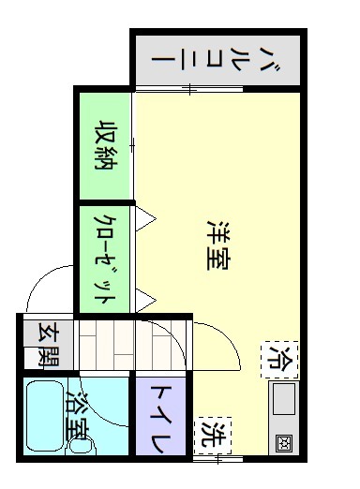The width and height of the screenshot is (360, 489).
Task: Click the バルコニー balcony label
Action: point(216,60)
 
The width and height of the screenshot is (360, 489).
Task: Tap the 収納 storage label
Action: point(106,144)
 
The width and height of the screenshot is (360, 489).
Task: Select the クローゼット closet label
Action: point(105,259)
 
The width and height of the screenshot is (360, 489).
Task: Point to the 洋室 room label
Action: point(217,245)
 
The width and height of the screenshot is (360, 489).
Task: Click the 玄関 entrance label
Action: point(48,344)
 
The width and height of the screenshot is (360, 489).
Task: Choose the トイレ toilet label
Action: point(160,419)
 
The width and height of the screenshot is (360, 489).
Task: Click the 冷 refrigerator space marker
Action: point(279,360)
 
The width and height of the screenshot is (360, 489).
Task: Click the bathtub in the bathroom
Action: point(46,416)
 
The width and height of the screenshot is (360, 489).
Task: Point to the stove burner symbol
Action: point(284,442)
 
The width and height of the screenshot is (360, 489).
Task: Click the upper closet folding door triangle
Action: point(145,219)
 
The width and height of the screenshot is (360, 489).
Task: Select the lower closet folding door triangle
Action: point(145,301)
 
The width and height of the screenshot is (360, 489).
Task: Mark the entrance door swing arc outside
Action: point(37,278)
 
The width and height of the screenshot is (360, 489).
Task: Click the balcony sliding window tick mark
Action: point(189,89)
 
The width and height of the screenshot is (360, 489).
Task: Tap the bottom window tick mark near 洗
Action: point(218,459)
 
